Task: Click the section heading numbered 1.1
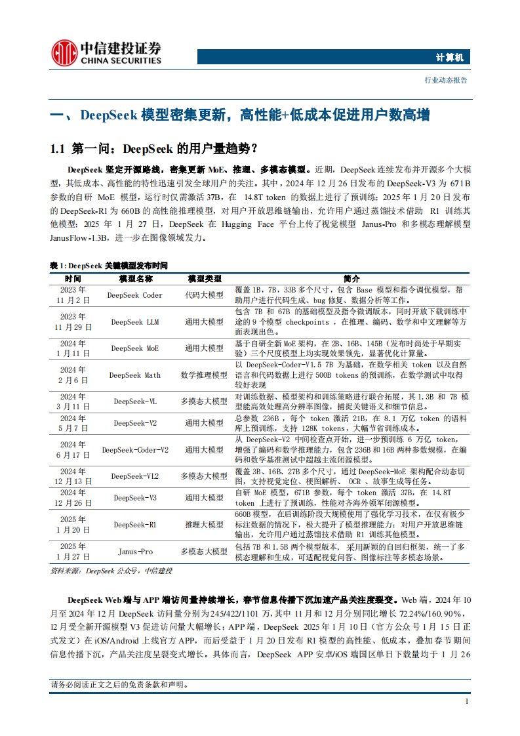[x=154, y=148]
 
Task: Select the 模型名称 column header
[x=134, y=279]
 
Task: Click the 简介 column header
[x=351, y=279]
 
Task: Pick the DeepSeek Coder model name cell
[x=134, y=295]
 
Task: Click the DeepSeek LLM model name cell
[x=134, y=322]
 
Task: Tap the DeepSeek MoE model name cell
[x=134, y=348]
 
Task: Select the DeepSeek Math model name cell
[x=134, y=375]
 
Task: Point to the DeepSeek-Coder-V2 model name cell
[x=134, y=450]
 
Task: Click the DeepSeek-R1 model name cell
[x=134, y=525]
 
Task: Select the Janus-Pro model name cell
[x=134, y=552]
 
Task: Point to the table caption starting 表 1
[x=109, y=266]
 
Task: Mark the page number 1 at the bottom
[x=466, y=702]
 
